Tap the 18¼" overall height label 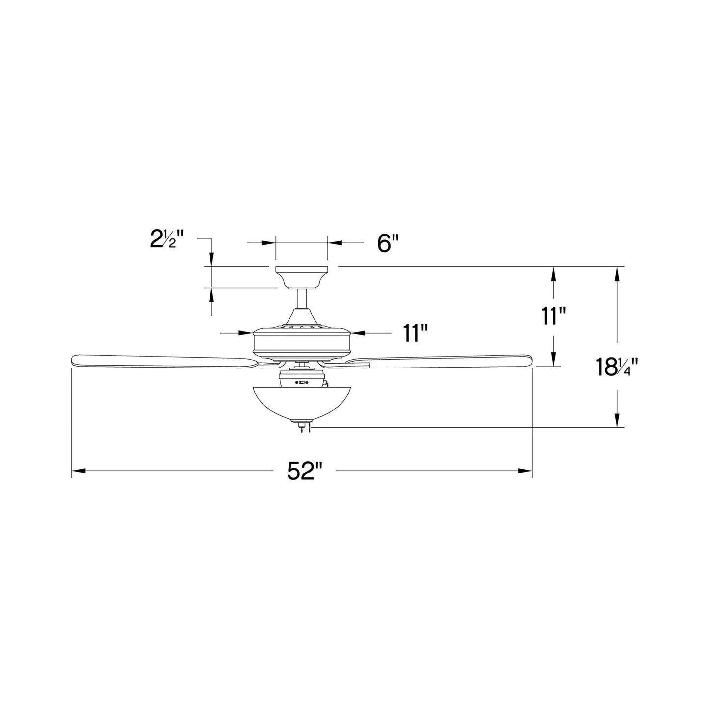click(617, 367)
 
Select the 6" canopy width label click(388, 243)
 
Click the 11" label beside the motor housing click(415, 333)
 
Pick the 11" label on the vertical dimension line click(553, 317)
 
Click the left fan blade click(162, 361)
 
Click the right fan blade click(442, 361)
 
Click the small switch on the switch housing click(302, 381)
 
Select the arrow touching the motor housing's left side click(246, 333)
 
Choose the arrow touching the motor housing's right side click(358, 333)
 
